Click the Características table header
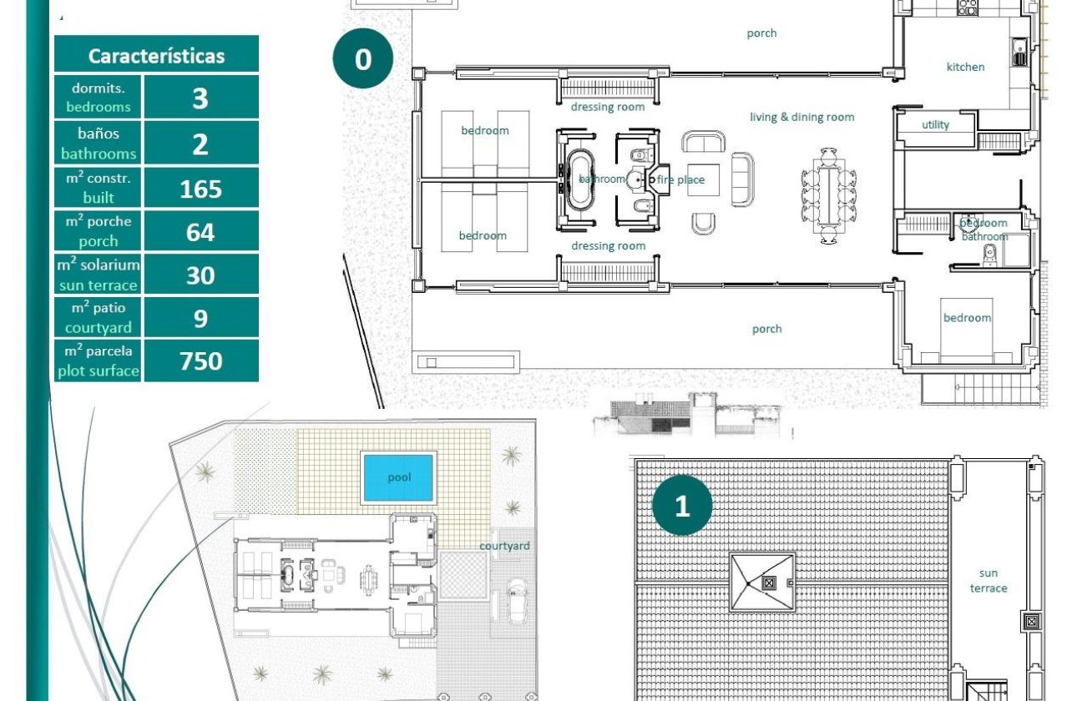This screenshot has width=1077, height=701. [x=157, y=56]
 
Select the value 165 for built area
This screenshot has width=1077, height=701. [x=200, y=189]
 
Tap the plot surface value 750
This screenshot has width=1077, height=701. [x=200, y=361]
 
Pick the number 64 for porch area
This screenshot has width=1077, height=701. [x=200, y=232]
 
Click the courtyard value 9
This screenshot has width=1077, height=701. [x=200, y=318]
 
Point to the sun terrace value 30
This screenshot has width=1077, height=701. [x=200, y=275]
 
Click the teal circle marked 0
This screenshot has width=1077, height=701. [x=362, y=59]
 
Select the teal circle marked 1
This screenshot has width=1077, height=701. [x=682, y=505]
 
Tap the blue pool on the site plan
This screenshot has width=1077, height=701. [x=398, y=477]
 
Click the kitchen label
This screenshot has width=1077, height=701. [x=965, y=67]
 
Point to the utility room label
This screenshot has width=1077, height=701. [x=935, y=125]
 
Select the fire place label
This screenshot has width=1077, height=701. [x=680, y=179]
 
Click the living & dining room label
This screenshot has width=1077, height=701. [x=801, y=117]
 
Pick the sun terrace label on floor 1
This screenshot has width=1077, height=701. [x=989, y=581]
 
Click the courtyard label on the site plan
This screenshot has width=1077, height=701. [x=504, y=546]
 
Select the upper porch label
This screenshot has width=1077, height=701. [x=761, y=33]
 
